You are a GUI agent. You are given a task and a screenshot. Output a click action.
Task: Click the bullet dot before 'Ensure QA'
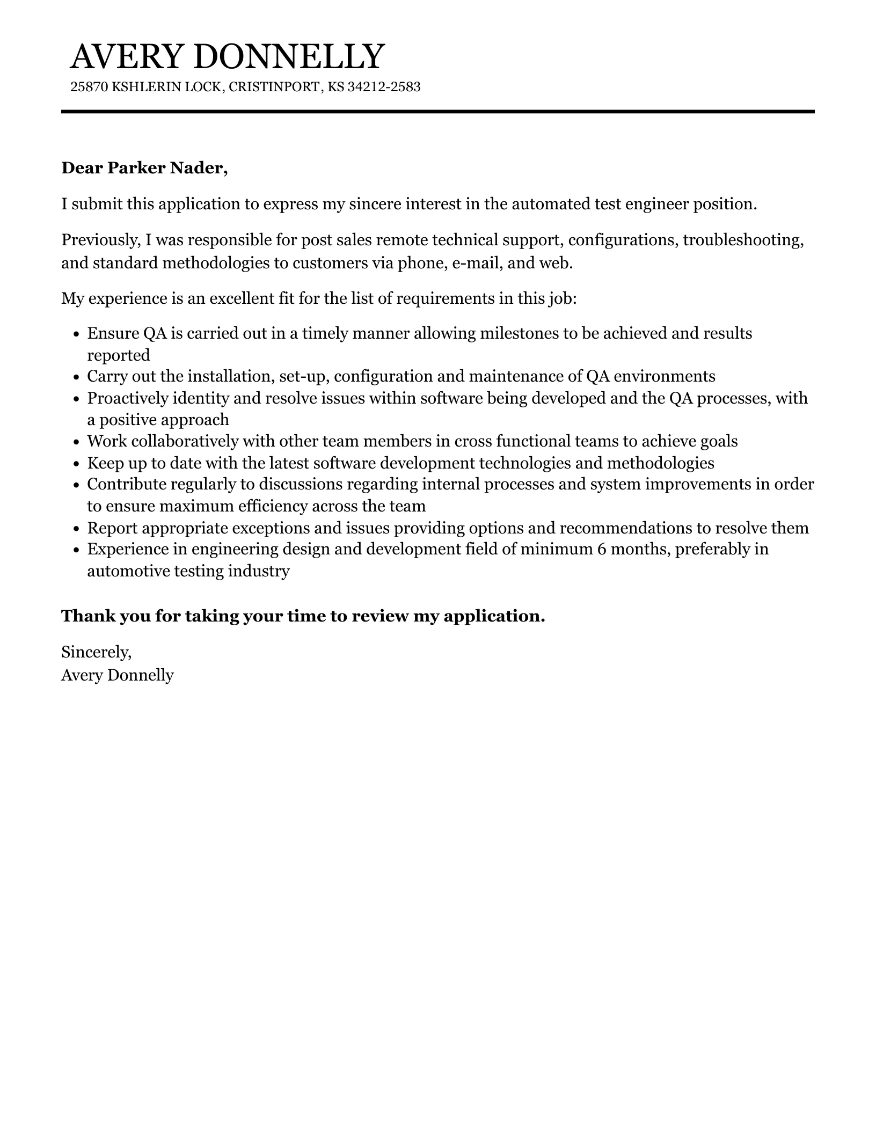[x=76, y=334]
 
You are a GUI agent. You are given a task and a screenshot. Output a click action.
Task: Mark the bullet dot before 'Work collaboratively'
[x=76, y=442]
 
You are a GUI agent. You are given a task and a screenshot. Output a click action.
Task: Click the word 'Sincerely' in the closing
[x=96, y=652]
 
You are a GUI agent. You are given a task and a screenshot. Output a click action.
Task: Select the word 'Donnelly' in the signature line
[x=141, y=675]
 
